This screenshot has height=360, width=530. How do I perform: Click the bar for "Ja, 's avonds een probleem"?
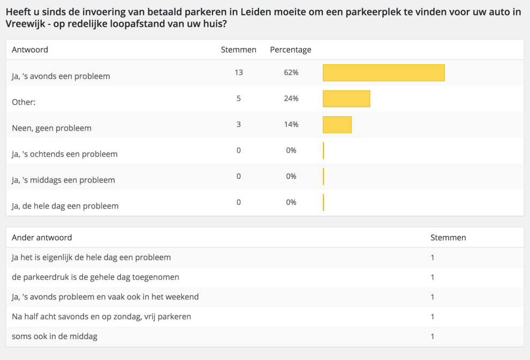[383, 73]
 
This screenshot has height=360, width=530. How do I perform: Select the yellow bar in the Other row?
[346, 99]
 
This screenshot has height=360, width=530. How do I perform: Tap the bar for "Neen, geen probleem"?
[337, 124]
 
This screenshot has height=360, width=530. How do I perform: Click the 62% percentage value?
[291, 72]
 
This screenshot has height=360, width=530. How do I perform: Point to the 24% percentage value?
[291, 99]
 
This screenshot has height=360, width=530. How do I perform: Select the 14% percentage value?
[291, 124]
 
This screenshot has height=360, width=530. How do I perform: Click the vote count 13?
[239, 72]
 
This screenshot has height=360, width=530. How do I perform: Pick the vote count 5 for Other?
[239, 99]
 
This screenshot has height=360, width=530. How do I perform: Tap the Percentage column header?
[290, 50]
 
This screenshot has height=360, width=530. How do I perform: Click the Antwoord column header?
[30, 50]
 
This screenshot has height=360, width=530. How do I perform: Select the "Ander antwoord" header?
[42, 237]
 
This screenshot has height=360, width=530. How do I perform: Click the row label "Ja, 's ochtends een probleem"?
[64, 154]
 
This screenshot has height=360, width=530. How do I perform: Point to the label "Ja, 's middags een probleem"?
[63, 180]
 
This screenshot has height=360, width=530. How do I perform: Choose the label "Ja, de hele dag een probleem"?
[65, 206]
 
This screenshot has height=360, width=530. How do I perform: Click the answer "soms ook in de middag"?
[55, 336]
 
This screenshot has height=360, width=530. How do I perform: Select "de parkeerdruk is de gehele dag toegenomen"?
[95, 277]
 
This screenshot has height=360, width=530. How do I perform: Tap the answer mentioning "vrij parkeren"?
[101, 317]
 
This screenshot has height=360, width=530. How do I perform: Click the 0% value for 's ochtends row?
[291, 151]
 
